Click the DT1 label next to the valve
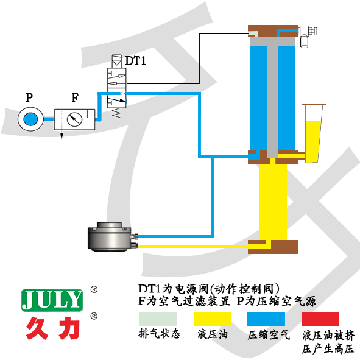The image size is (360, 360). click(x=136, y=61)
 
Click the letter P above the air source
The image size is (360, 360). click(x=29, y=97)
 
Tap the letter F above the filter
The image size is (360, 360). click(x=74, y=97)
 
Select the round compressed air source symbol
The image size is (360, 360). click(x=29, y=118)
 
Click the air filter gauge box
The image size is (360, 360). click(x=76, y=118)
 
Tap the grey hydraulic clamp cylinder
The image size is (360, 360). click(x=110, y=236)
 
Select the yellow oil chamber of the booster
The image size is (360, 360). click(x=273, y=201)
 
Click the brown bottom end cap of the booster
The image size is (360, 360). click(x=273, y=247)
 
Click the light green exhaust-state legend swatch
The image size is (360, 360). click(x=158, y=319)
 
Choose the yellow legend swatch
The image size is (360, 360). click(x=213, y=319)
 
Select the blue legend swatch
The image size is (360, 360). click(x=266, y=319)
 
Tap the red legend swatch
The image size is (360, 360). click(x=320, y=319)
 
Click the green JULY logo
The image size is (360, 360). click(x=51, y=299)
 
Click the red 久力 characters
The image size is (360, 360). click(x=52, y=328)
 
